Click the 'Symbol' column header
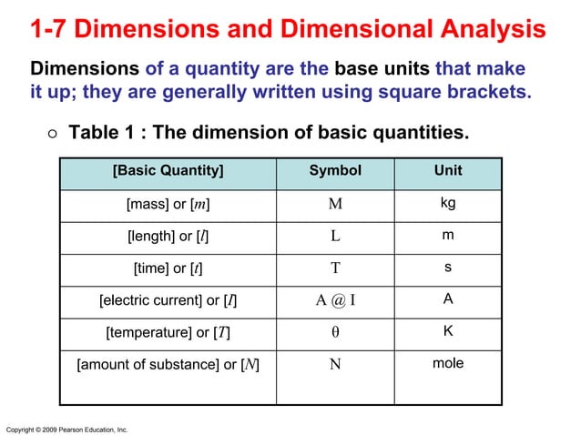[335, 171]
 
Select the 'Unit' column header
[447, 171]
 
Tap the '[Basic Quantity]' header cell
[168, 171]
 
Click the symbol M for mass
[335, 204]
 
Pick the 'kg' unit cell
[447, 203]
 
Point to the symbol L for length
[335, 237]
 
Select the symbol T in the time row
[335, 268]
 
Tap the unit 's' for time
[447, 268]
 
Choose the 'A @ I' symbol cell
[335, 300]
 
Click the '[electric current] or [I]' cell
[169, 300]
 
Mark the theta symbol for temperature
[335, 332]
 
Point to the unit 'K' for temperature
[447, 331]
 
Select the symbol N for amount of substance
[335, 365]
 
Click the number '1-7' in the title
[48, 30]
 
